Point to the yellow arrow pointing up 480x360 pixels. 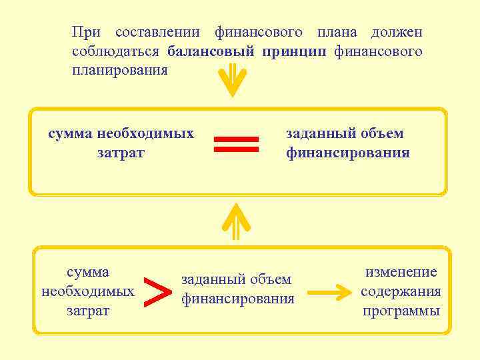(236, 221)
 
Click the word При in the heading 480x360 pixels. (87, 33)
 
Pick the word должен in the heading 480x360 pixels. (397, 33)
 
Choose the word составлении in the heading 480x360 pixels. (158, 33)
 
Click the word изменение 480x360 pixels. (401, 272)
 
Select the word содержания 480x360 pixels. (401, 291)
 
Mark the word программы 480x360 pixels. (401, 311)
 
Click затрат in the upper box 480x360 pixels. (121, 153)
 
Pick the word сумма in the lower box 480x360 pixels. (88, 272)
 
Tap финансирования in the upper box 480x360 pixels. (348, 153)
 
